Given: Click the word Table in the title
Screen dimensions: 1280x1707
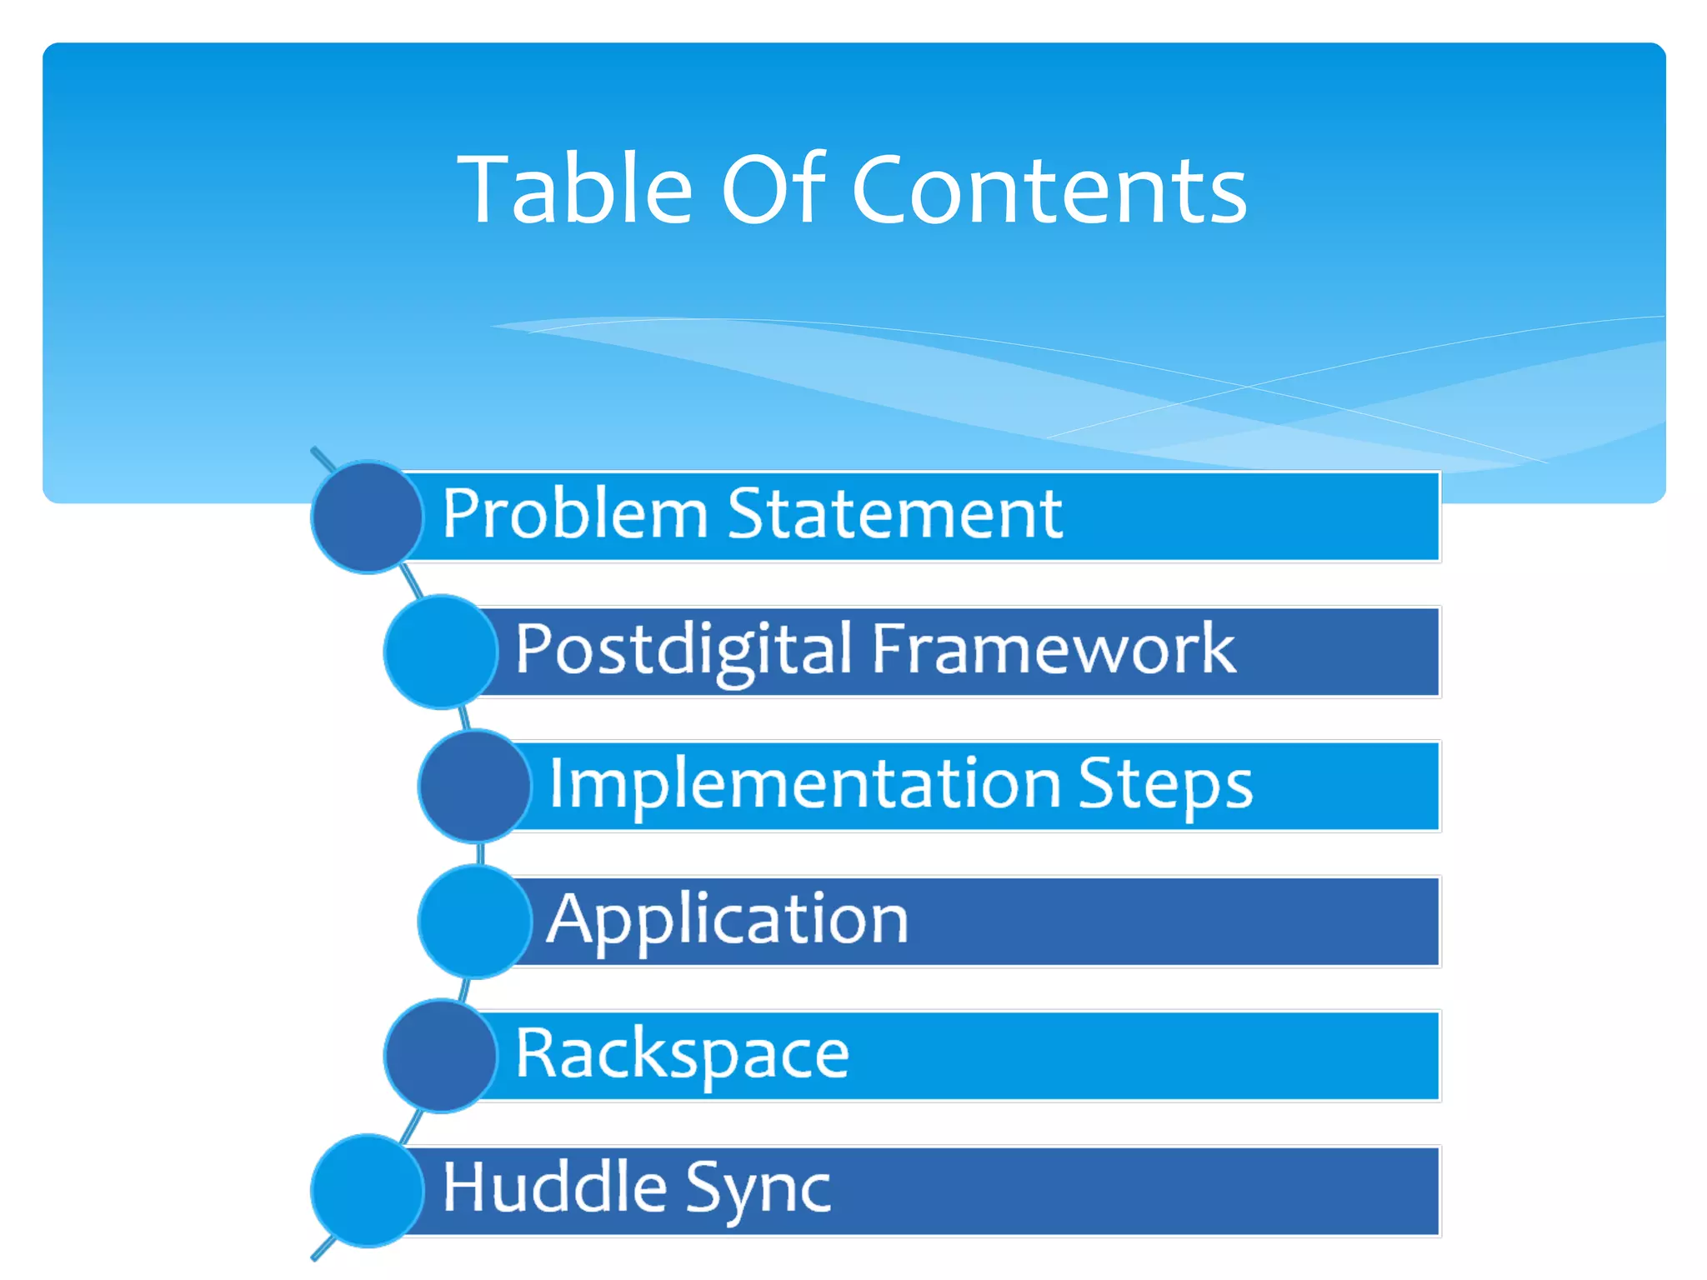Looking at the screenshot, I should click(575, 190).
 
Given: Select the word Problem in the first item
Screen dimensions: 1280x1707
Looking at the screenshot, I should click(575, 514).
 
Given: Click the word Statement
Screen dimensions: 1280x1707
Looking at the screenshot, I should click(895, 514).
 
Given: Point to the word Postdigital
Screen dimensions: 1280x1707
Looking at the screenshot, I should click(683, 649).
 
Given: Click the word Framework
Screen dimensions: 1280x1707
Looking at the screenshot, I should click(1054, 649).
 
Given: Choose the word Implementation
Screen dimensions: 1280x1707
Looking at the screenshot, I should click(804, 784).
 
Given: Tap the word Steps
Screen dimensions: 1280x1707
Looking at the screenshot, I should click(1165, 784).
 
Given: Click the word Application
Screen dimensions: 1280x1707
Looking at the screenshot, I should click(728, 919).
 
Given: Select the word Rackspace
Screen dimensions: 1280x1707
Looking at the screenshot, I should click(682, 1054).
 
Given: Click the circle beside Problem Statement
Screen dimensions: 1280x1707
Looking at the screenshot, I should click(367, 517).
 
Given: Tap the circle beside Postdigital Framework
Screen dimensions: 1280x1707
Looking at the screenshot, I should click(440, 652).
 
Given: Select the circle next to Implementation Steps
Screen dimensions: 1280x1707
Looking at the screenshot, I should click(473, 786).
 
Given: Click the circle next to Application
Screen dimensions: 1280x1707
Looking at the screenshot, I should click(473, 921).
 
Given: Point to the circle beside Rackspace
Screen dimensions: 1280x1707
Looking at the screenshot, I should click(440, 1056).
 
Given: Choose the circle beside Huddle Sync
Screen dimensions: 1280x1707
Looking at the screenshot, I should click(367, 1191).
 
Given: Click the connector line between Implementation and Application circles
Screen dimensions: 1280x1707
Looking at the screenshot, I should click(480, 853).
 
